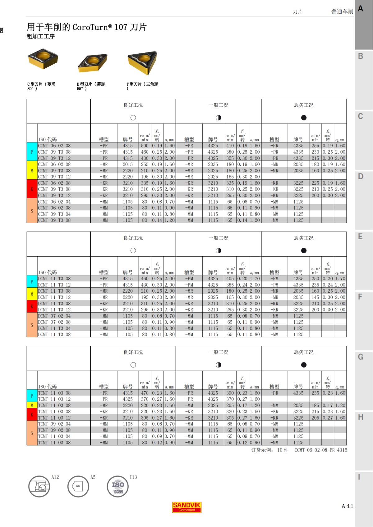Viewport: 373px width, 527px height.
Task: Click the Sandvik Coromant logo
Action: click(x=187, y=507)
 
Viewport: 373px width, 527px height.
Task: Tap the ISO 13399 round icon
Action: click(x=118, y=486)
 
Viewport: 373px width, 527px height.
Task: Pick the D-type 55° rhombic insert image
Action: click(x=93, y=62)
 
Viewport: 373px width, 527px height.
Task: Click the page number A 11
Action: click(x=348, y=506)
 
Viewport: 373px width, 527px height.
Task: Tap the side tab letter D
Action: click(x=361, y=177)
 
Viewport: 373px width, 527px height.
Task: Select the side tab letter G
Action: click(x=361, y=357)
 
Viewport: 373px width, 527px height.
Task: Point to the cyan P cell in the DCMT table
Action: click(x=32, y=282)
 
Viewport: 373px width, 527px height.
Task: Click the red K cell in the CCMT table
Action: click(x=32, y=189)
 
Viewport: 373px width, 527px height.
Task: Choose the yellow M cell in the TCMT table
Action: click(x=32, y=405)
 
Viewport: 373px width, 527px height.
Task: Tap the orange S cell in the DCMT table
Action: click(x=32, y=325)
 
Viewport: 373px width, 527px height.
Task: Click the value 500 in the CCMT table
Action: click(x=145, y=146)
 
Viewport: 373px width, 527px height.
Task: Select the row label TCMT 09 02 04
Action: click(x=54, y=424)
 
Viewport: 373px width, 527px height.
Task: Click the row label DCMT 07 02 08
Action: click(x=54, y=322)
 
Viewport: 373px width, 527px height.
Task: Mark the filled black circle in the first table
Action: click(x=304, y=118)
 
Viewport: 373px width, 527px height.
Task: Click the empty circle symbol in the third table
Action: click(x=133, y=365)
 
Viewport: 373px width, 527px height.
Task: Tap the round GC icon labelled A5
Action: click(x=78, y=486)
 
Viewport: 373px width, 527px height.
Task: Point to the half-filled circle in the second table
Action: click(x=219, y=250)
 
